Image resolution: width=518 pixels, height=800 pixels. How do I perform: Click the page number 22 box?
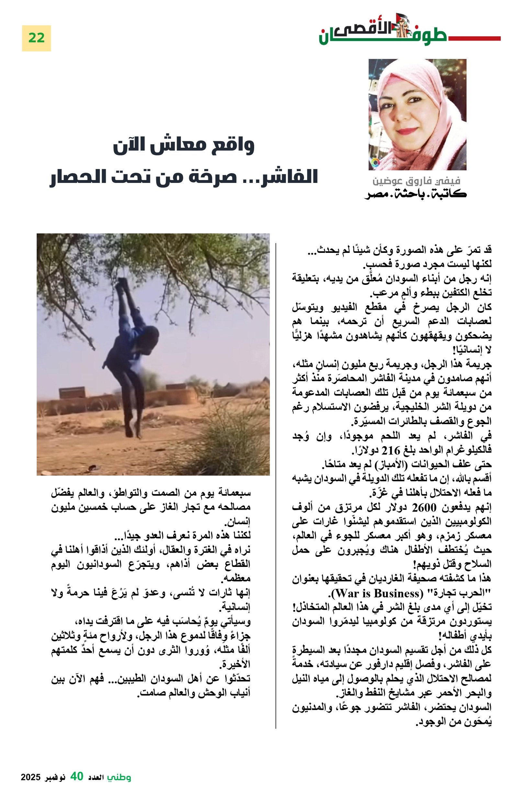36,38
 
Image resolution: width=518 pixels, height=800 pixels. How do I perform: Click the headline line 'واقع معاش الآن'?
184,145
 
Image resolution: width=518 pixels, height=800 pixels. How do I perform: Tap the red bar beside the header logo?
474,39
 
